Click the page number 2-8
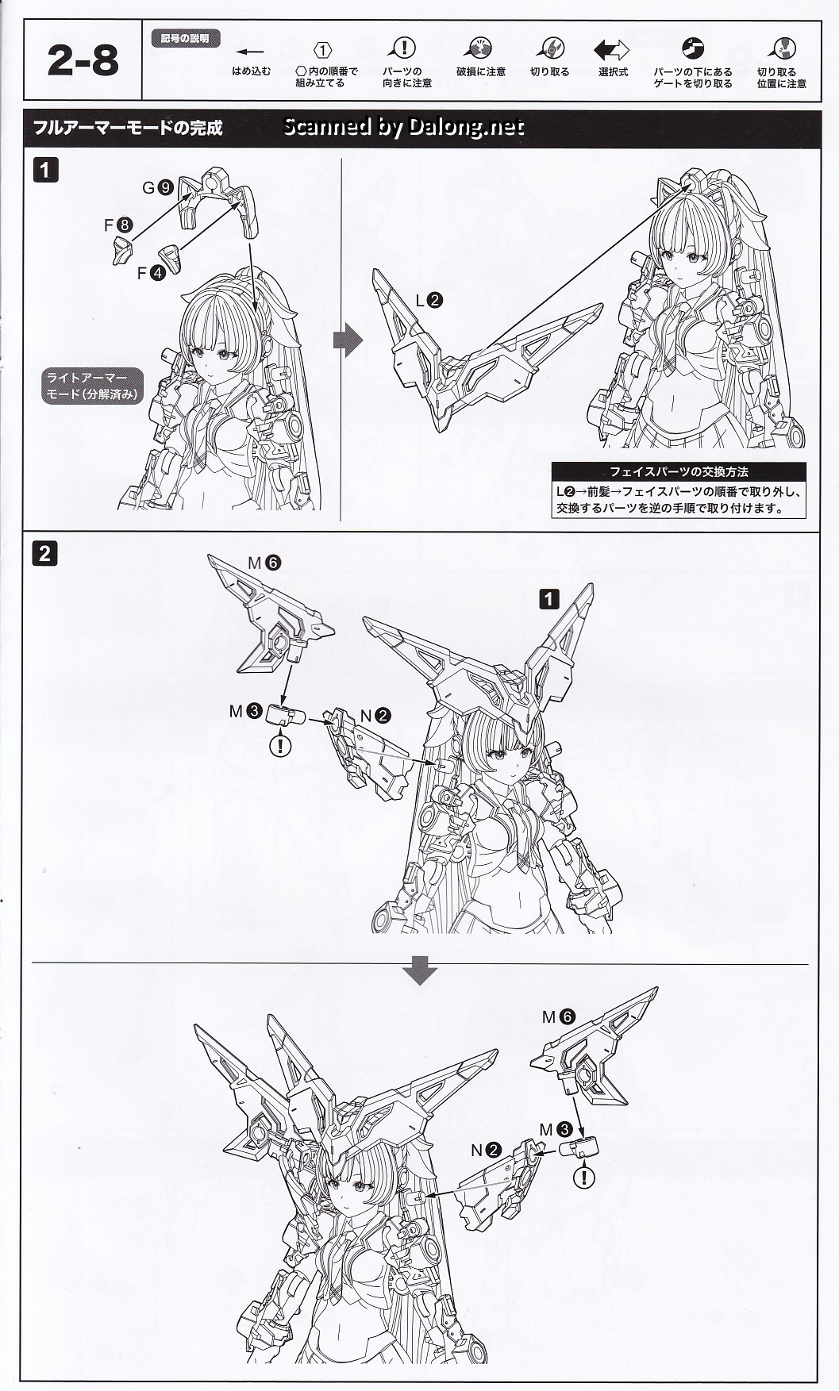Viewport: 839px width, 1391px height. click(x=83, y=61)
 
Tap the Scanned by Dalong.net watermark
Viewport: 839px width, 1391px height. click(x=403, y=127)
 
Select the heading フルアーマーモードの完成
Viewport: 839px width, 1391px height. click(x=128, y=128)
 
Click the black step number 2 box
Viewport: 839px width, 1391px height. click(x=44, y=553)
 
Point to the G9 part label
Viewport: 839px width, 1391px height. click(x=157, y=188)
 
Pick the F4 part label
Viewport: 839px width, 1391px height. click(x=151, y=274)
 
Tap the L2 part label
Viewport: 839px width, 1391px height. click(x=429, y=301)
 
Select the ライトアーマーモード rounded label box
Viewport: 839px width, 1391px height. click(x=94, y=385)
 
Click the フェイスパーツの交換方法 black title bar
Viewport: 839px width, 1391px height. click(x=679, y=471)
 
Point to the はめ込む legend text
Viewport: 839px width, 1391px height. click(x=251, y=71)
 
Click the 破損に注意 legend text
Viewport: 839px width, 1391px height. click(x=480, y=72)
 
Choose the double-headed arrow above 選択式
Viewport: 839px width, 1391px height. click(x=611, y=50)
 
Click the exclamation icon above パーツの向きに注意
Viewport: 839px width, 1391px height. click(x=405, y=48)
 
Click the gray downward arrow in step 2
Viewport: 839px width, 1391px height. click(x=420, y=970)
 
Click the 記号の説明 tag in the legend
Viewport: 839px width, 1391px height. click(x=185, y=38)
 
